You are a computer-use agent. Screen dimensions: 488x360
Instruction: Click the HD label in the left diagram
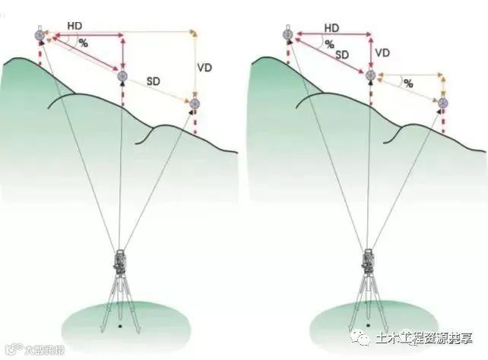point(74,25)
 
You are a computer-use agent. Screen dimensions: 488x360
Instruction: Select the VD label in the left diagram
point(204,68)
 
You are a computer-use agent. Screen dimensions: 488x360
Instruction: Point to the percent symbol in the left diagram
point(83,44)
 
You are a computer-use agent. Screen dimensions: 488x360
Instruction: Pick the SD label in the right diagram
point(342,55)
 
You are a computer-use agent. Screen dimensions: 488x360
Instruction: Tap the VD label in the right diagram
point(383,53)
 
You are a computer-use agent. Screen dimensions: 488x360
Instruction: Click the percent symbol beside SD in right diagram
point(331,45)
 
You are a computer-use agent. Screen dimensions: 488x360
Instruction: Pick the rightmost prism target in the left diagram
point(195,103)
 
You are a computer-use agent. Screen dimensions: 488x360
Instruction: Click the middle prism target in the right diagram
point(370,75)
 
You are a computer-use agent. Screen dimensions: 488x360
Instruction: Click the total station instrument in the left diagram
point(120,263)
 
